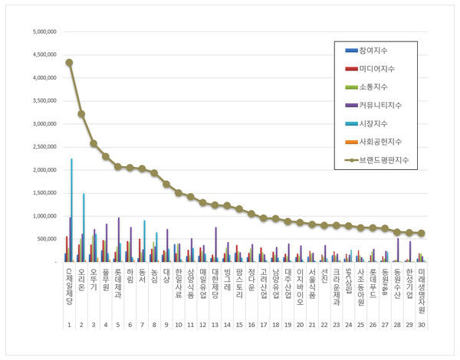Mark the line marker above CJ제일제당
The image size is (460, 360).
[x=69, y=62]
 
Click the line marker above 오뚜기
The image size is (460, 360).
[x=94, y=143]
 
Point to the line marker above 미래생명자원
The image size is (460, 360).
[x=421, y=233]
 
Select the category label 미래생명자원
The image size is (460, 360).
[x=422, y=287]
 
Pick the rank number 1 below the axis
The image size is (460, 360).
[x=69, y=325]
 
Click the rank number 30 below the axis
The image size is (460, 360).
[x=422, y=325]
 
